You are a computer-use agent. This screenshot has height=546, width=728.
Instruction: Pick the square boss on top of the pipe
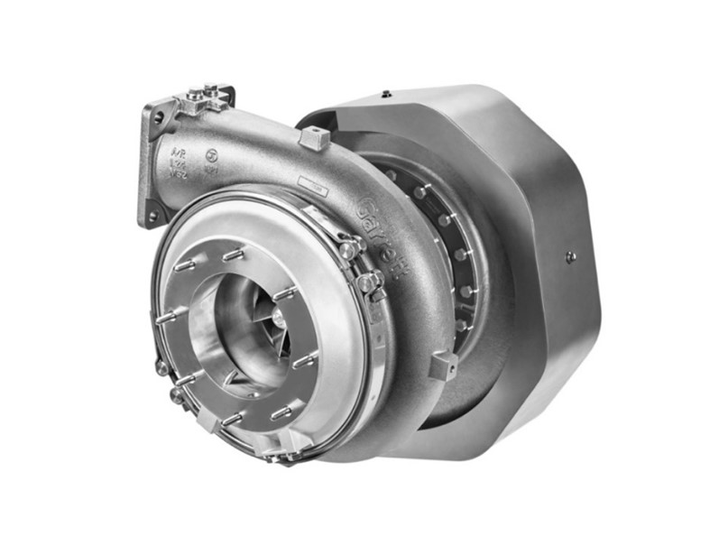pyautogui.click(x=311, y=137)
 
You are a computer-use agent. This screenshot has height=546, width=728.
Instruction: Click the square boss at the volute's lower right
pyautogui.click(x=443, y=366)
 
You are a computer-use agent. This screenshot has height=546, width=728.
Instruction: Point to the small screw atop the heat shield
pyautogui.click(x=385, y=92)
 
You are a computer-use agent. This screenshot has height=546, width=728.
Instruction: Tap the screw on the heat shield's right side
pyautogui.click(x=570, y=256)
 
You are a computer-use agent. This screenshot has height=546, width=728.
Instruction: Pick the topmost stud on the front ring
pyautogui.click(x=233, y=256)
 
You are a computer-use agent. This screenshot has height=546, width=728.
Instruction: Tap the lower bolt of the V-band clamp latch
pyautogui.click(x=366, y=283)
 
